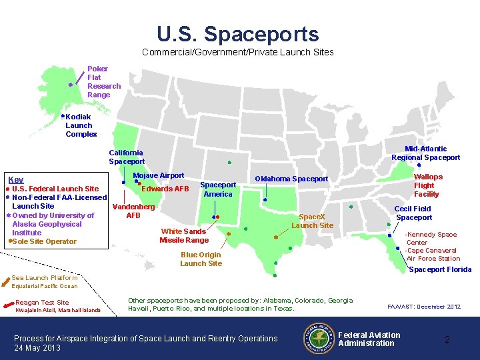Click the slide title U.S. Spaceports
tap(238, 34)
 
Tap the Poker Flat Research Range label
tap(103, 82)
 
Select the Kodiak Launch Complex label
tap(81, 125)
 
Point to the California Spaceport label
tap(127, 157)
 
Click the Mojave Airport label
tap(159, 175)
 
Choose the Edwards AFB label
tap(165, 189)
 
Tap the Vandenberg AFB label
tap(133, 211)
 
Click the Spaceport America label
tap(218, 189)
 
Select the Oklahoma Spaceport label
tap(291, 179)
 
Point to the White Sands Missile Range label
tap(184, 236)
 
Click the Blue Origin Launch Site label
tap(201, 259)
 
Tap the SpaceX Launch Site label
tap(312, 221)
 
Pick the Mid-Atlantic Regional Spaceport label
tap(425, 153)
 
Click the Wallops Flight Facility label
tap(427, 185)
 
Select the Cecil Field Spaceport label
tap(413, 213)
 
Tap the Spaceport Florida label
tap(439, 269)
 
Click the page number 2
tap(447, 339)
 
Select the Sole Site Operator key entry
tap(44, 241)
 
